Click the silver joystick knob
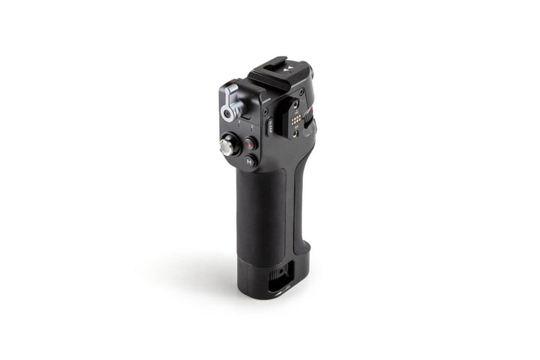(x=226, y=145)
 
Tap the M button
(x=250, y=160)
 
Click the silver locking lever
(x=229, y=102)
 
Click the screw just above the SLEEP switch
(x=266, y=113)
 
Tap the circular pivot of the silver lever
(x=226, y=114)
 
